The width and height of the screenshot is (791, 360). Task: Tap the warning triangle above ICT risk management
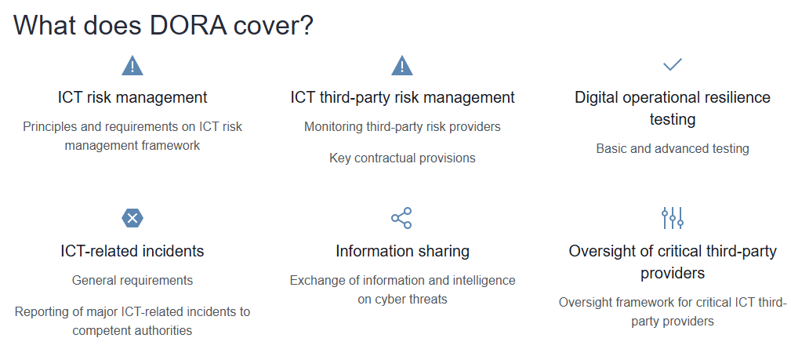pos(132,66)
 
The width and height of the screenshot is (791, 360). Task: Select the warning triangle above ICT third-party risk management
pos(402,66)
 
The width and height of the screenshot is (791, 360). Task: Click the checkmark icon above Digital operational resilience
pos(673,64)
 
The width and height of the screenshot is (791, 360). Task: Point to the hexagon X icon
pos(132,218)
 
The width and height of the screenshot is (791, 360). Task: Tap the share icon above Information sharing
pos(402,218)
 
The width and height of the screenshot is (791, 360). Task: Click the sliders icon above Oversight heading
pos(673,218)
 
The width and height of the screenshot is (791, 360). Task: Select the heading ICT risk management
pos(132,97)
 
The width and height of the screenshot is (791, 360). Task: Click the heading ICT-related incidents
pos(132,251)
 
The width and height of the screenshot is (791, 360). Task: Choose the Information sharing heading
pos(403,251)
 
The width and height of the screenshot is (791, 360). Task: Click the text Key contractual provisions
pos(403,158)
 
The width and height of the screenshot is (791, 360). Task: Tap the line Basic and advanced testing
pos(673,149)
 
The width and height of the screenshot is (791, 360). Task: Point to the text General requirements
pos(132,280)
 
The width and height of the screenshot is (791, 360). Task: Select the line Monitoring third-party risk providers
pos(403,127)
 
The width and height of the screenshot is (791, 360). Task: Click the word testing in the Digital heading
pos(673,120)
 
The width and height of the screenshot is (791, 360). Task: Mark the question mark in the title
pos(307,25)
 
